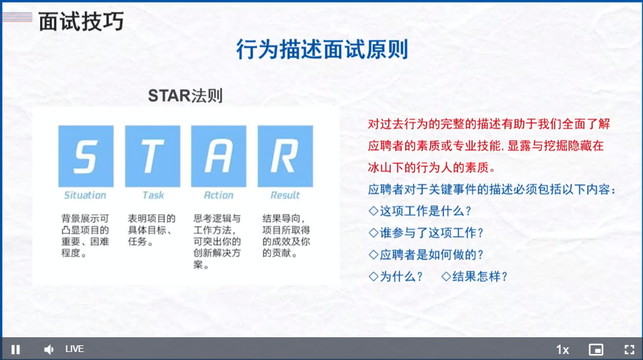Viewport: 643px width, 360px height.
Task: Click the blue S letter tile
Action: [x=86, y=156]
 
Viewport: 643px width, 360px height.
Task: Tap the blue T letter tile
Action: [x=153, y=156]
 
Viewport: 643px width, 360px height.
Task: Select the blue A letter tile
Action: [x=219, y=156]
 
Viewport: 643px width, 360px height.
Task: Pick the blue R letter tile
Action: [x=285, y=156]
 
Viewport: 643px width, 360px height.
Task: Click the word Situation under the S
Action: [x=85, y=195]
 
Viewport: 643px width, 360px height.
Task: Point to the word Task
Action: [x=153, y=195]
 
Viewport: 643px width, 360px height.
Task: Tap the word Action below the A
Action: [x=219, y=195]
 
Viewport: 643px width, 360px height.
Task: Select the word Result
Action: [x=285, y=195]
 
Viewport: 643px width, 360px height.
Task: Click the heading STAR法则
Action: [x=185, y=96]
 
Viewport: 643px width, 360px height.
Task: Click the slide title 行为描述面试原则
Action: [x=322, y=50]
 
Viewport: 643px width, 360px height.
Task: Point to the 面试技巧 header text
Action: [x=81, y=21]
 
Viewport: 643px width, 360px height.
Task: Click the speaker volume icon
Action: [x=49, y=349]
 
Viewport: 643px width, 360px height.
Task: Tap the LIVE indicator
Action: [x=75, y=349]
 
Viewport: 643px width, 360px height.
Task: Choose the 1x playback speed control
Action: [x=563, y=350]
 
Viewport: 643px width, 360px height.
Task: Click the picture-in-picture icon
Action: [x=596, y=349]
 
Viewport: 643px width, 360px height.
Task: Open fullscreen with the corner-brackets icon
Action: [x=630, y=349]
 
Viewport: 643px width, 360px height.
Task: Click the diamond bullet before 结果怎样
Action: [x=446, y=276]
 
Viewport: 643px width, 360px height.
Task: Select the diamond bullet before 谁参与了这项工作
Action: [x=373, y=233]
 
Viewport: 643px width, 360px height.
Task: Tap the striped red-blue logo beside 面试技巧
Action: [x=17, y=17]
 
